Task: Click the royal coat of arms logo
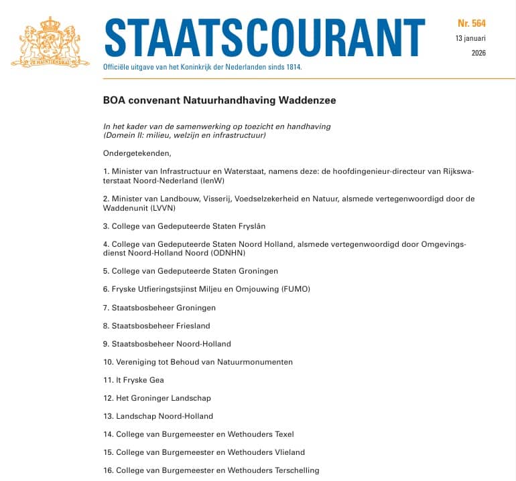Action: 50,41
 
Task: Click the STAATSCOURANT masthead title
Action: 265,37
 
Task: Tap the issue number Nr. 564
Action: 472,23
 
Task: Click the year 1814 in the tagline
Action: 293,68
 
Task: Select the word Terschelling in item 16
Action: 296,470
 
